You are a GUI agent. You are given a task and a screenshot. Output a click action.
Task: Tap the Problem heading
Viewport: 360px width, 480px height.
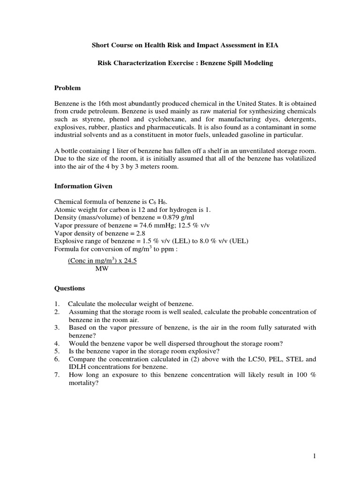[x=67, y=88]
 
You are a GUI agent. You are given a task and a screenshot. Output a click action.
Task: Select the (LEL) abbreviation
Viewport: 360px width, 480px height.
[x=176, y=241]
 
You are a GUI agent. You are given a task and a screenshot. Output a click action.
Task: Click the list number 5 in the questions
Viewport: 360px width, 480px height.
[x=57, y=351]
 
